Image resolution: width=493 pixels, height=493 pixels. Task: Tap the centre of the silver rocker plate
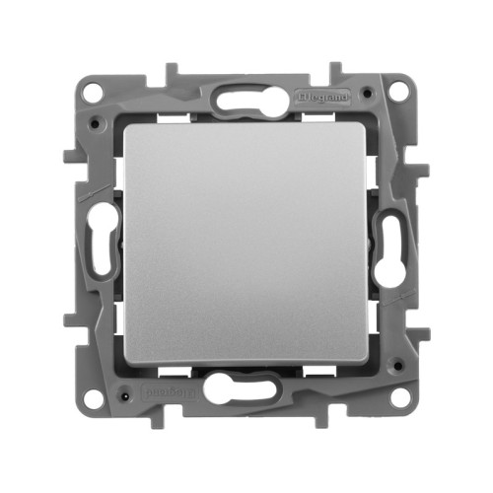(246, 246)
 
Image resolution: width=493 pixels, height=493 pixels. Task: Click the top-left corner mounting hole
(93, 93)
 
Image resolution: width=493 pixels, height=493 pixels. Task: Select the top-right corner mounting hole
(398, 91)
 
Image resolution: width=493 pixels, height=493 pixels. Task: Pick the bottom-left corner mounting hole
(93, 398)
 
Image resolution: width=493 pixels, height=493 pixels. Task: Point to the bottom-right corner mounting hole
(398, 400)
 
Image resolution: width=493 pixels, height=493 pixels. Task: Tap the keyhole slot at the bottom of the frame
(247, 389)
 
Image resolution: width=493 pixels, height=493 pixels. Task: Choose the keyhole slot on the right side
(390, 246)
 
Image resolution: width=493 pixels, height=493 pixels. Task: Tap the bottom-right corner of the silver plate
(366, 365)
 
